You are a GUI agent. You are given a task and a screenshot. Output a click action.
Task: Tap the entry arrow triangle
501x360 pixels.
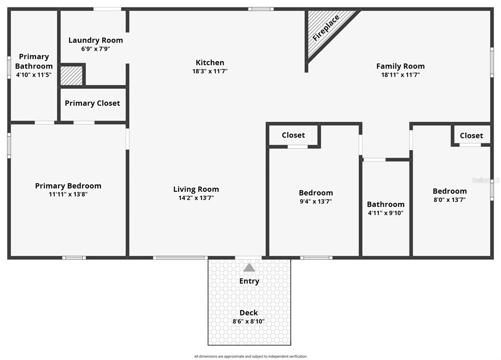[x=249, y=268]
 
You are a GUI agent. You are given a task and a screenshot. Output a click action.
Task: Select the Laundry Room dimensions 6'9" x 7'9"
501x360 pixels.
[x=95, y=49]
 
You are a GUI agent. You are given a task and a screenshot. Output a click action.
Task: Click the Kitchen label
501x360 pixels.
[x=210, y=63]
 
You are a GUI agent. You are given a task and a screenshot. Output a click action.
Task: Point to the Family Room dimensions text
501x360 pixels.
[x=400, y=75]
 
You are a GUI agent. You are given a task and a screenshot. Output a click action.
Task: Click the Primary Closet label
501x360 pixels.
[x=92, y=103]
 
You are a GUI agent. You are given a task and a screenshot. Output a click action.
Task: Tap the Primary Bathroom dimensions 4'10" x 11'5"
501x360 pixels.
[x=34, y=75]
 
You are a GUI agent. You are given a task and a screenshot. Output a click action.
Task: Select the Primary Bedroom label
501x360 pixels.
[x=68, y=186]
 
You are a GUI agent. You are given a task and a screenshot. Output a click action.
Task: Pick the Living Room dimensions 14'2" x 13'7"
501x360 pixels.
[x=196, y=198]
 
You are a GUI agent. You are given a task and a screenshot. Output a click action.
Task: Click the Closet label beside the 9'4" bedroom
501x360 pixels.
[x=293, y=135]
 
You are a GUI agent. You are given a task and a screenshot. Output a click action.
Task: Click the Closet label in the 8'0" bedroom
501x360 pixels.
[x=471, y=135]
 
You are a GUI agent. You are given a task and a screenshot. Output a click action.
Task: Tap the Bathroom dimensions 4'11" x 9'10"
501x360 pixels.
[x=386, y=213]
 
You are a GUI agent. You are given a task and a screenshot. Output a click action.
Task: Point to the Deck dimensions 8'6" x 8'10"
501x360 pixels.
[x=249, y=321]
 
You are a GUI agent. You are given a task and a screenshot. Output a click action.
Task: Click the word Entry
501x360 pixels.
[x=249, y=281]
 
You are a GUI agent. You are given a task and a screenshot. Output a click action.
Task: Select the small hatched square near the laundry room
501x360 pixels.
[x=71, y=76]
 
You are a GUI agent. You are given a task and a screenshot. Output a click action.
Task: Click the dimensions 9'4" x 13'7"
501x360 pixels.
[x=316, y=201]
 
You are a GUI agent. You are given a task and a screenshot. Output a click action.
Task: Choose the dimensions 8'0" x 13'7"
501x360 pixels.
[x=449, y=200]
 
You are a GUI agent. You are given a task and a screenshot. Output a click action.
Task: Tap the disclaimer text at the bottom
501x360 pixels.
[x=250, y=356]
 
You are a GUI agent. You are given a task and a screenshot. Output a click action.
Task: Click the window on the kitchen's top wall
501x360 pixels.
[x=261, y=9]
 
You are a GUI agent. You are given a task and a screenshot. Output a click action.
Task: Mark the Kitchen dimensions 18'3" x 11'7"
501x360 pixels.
[x=210, y=71]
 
